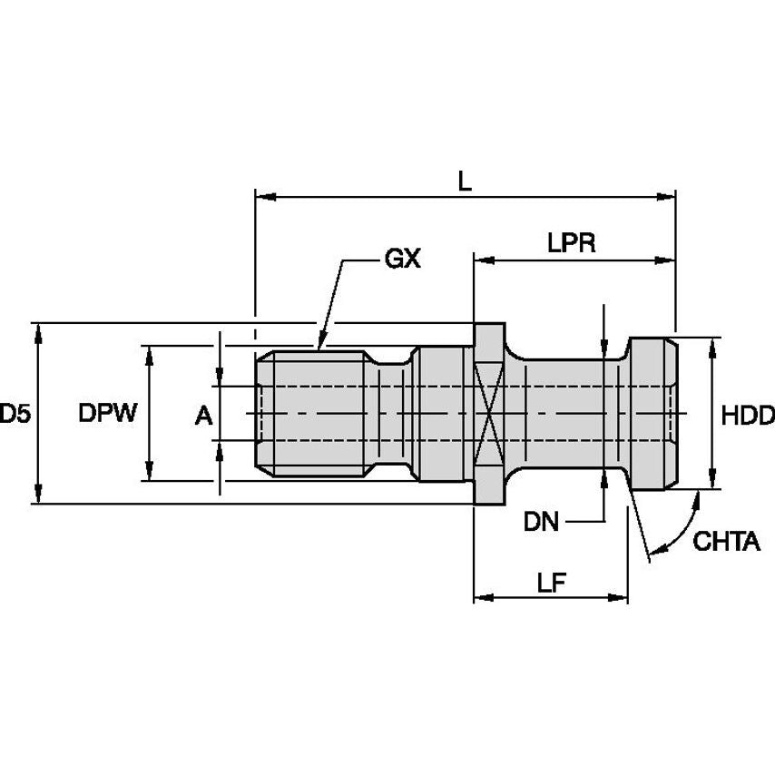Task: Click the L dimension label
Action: [x=464, y=181]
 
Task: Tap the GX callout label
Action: [x=403, y=260]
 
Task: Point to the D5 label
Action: [x=14, y=415]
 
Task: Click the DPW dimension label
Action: [x=107, y=415]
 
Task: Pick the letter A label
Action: [x=204, y=416]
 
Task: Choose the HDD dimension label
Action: [x=747, y=416]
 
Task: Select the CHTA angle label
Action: [x=725, y=543]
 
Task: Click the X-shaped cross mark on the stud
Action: [x=488, y=414]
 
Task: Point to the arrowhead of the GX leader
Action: [x=319, y=344]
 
